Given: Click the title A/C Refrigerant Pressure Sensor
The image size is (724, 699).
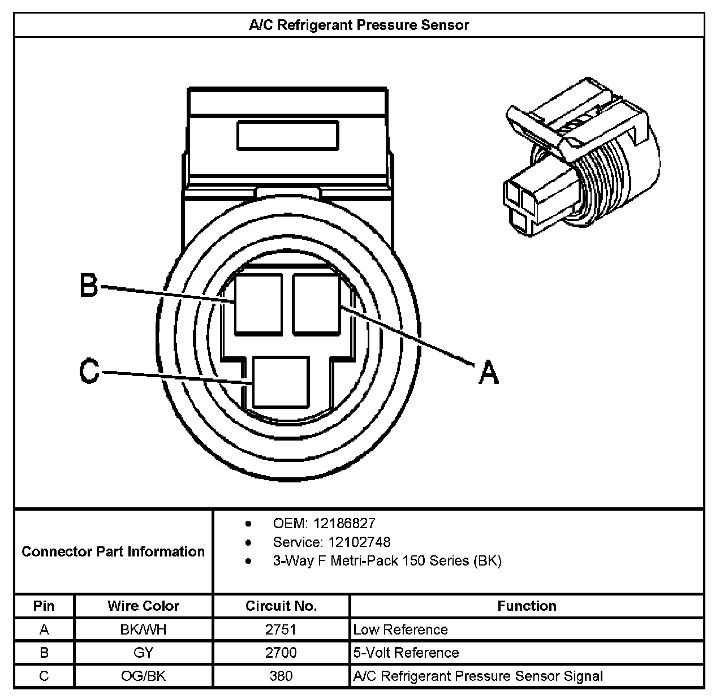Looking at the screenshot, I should click(359, 25).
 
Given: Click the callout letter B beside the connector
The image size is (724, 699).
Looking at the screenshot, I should click(89, 286).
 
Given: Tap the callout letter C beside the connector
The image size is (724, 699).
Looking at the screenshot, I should click(89, 372).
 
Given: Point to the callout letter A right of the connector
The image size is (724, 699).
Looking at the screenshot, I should click(489, 373).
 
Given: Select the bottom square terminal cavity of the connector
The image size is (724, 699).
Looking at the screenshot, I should click(281, 382).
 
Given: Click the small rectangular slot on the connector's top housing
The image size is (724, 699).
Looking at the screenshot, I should click(287, 136).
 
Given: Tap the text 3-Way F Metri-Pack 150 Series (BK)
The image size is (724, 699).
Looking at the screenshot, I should click(387, 561).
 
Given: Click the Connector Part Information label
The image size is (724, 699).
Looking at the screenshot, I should click(113, 551).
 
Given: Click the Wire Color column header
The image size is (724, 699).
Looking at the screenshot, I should click(143, 606).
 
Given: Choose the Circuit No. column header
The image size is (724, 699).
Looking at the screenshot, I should click(281, 606).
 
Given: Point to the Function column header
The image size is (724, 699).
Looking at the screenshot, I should click(527, 606).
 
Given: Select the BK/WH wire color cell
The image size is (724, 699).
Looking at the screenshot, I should click(143, 629).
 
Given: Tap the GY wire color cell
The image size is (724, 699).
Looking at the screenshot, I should click(143, 653).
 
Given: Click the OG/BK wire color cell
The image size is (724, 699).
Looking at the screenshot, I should click(143, 676).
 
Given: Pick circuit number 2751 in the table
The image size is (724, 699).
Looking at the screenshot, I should click(281, 629).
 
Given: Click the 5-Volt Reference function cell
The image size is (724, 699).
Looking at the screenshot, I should click(406, 653).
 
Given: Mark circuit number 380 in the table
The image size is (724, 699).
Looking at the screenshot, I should click(281, 676).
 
